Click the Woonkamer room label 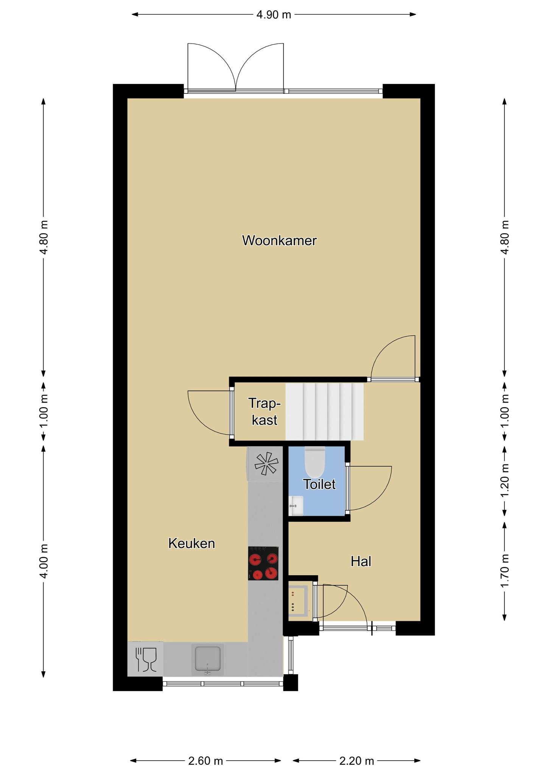point(279,240)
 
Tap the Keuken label point(191,543)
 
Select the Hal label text point(361,561)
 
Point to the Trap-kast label point(265,412)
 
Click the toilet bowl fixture point(315,462)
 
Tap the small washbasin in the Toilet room point(296,506)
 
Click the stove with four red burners point(263,563)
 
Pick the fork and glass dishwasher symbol point(146,659)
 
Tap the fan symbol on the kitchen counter point(266,464)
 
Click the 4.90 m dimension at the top point(274,14)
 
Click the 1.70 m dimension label point(504,571)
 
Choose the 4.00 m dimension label point(44,561)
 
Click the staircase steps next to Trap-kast point(324,412)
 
